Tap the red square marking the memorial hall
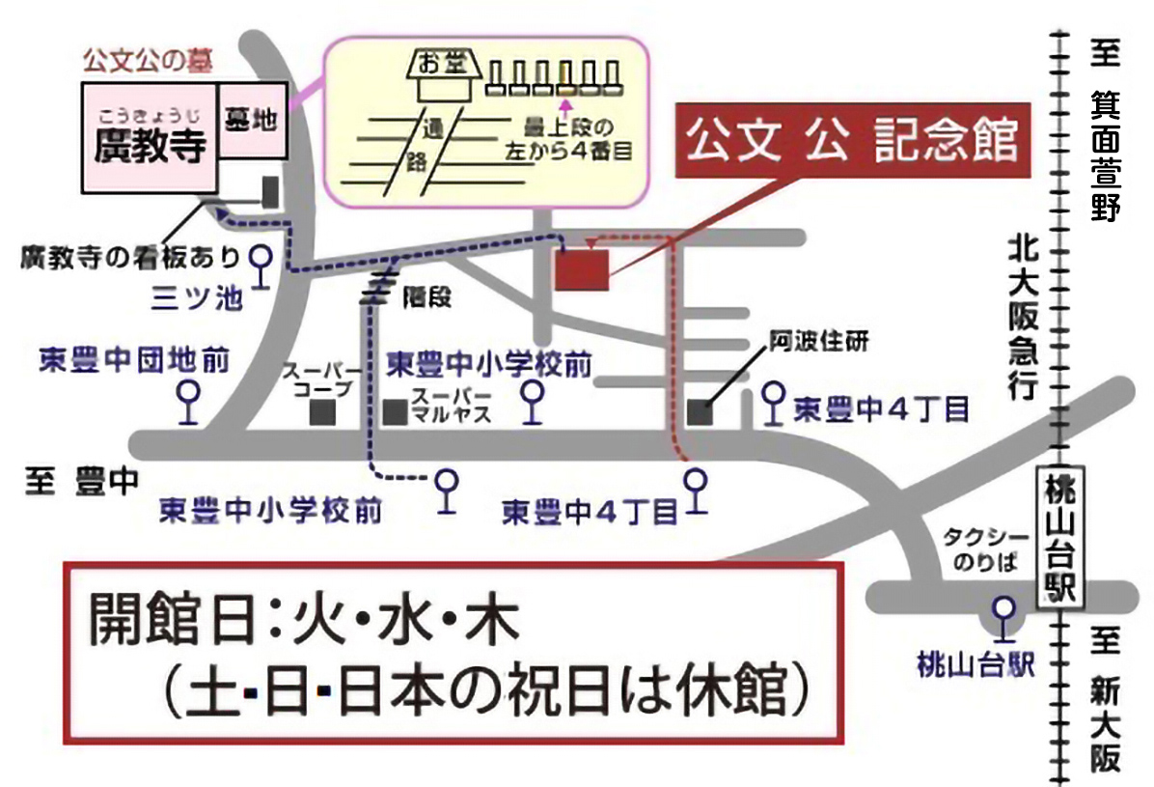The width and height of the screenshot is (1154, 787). (582, 268)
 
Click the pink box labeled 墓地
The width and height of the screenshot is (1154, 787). (252, 121)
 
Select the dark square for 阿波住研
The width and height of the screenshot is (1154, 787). (701, 411)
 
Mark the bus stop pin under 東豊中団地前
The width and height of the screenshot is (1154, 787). (188, 402)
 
